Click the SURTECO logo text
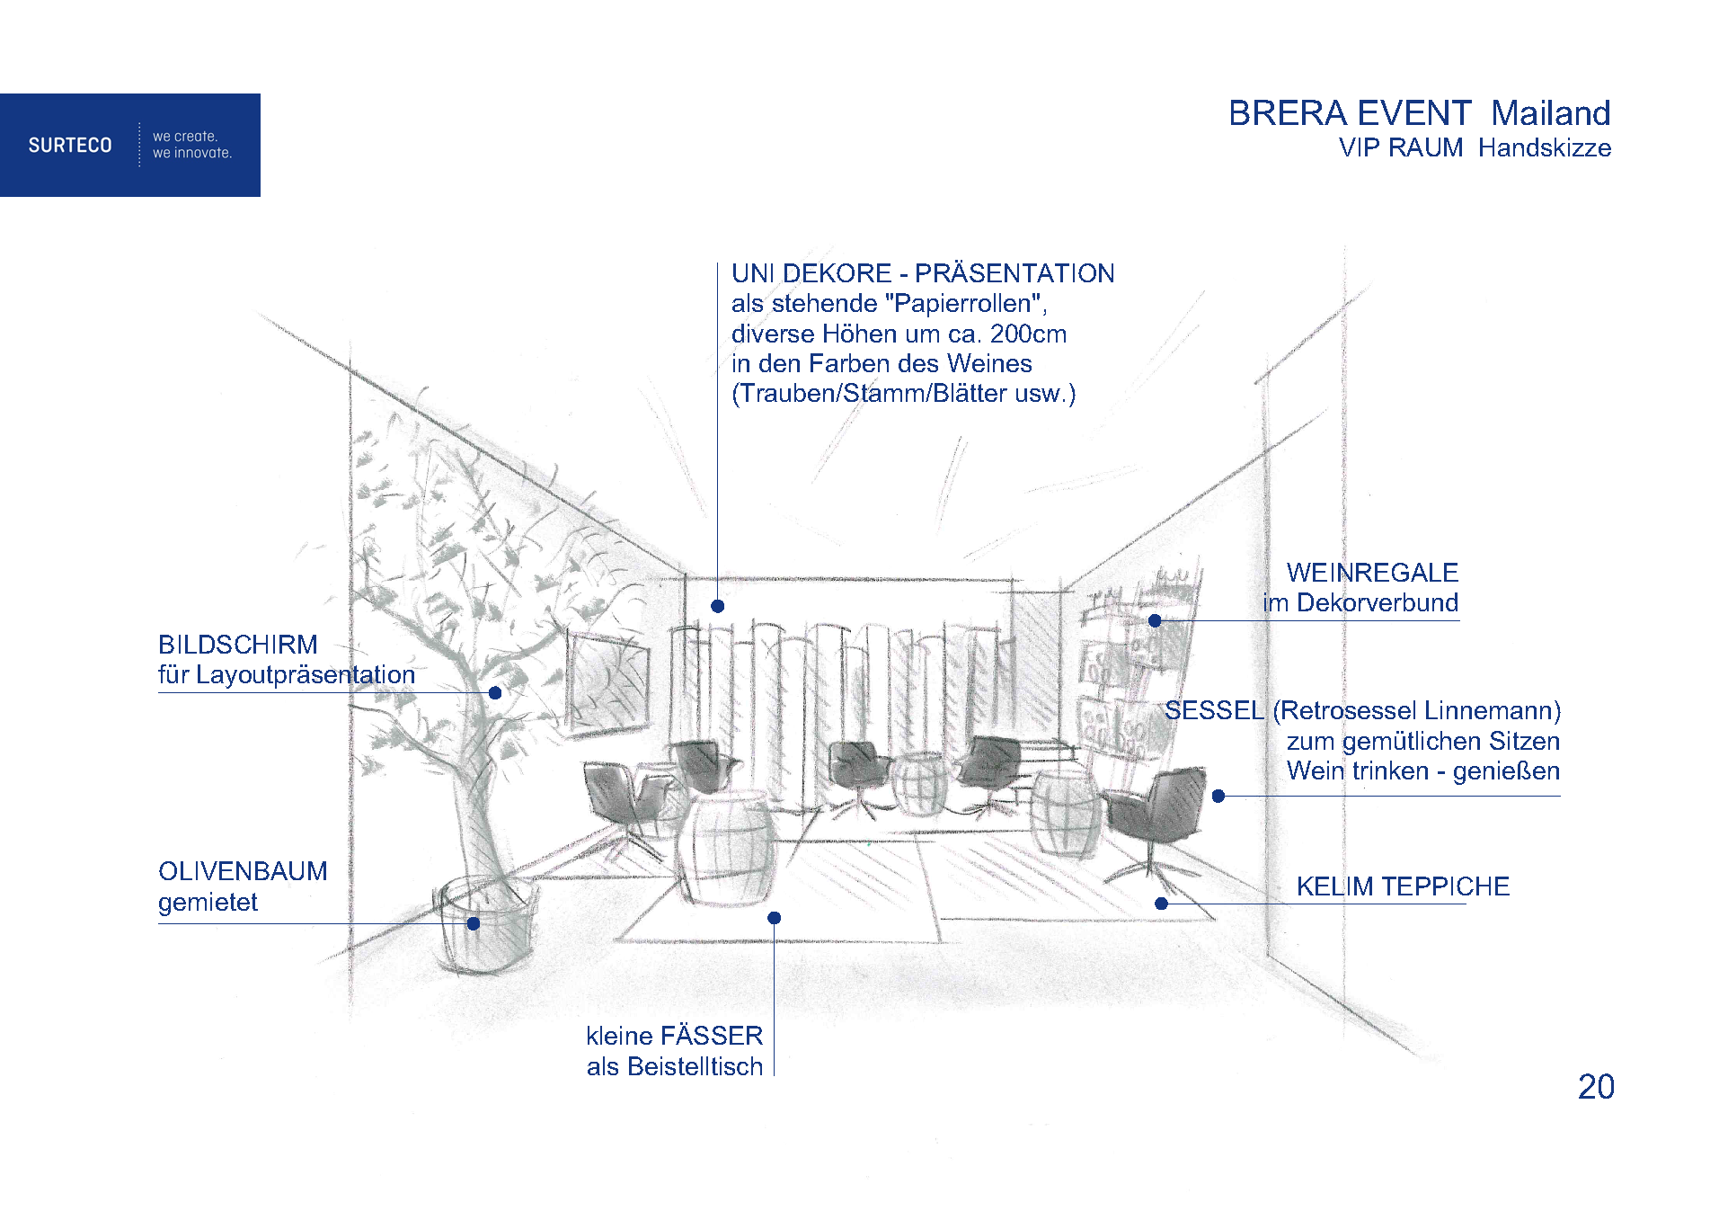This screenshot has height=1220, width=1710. click(70, 145)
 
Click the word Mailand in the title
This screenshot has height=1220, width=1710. click(1550, 113)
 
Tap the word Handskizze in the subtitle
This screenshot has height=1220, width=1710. click(1545, 147)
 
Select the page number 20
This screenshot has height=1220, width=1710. click(1596, 1087)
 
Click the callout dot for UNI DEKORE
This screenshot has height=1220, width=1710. click(717, 606)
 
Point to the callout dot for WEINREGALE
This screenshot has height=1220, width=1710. click(1155, 620)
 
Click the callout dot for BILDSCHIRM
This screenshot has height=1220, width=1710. click(495, 692)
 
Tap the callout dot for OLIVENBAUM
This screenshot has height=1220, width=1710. click(474, 923)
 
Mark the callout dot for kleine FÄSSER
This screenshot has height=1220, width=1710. click(774, 918)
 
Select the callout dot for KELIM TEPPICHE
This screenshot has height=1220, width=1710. click(1161, 904)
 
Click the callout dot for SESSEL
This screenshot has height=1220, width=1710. click(1218, 796)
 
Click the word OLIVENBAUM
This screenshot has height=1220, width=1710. click(243, 871)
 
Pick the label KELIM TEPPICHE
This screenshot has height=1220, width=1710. click(1403, 886)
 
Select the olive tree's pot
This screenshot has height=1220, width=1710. click(485, 926)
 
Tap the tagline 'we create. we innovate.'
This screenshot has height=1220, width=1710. click(192, 145)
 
